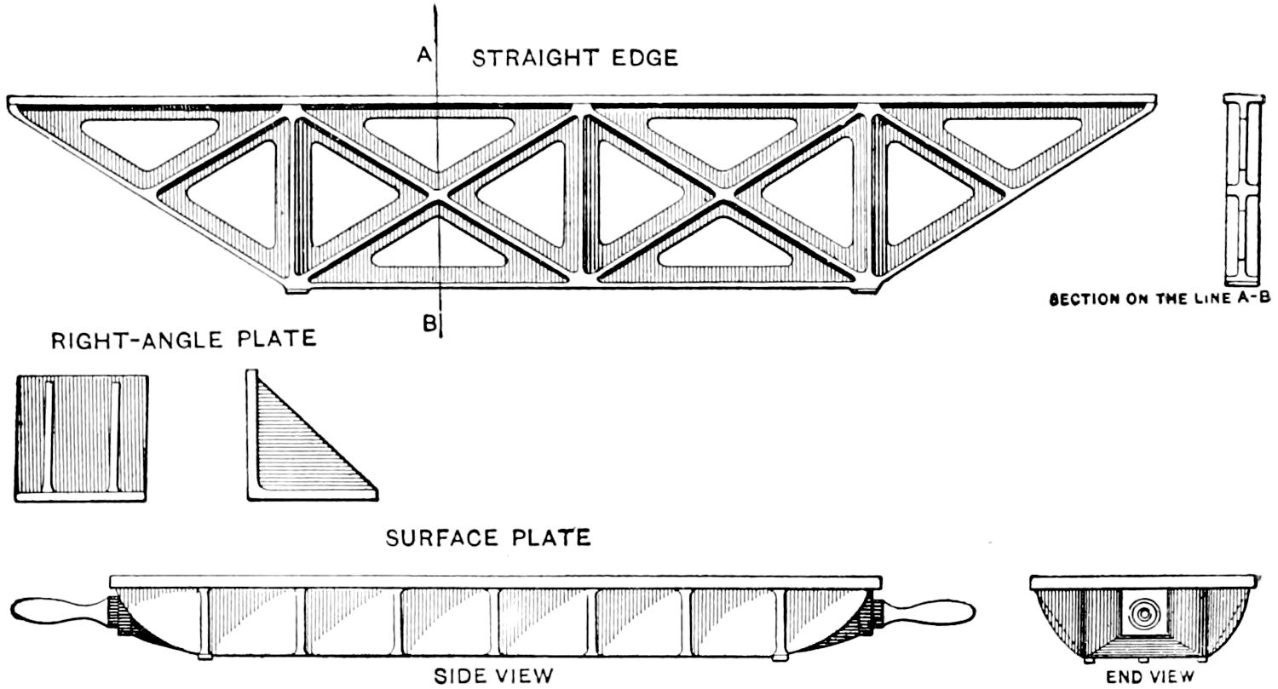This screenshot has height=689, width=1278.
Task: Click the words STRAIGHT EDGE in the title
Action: pos(575,58)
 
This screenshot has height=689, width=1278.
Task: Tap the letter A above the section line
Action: pos(424,55)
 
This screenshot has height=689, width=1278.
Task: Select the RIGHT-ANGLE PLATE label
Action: pos(184,339)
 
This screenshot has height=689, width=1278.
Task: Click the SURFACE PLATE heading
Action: pos(488,538)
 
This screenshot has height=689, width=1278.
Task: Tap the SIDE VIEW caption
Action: pos(494,676)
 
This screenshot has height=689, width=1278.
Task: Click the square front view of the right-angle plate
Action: pos(82,437)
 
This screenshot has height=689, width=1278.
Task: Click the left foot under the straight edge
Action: pos(296,290)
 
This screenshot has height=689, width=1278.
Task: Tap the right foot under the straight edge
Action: pos(864,290)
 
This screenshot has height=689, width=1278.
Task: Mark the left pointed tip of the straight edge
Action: pos(14,104)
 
